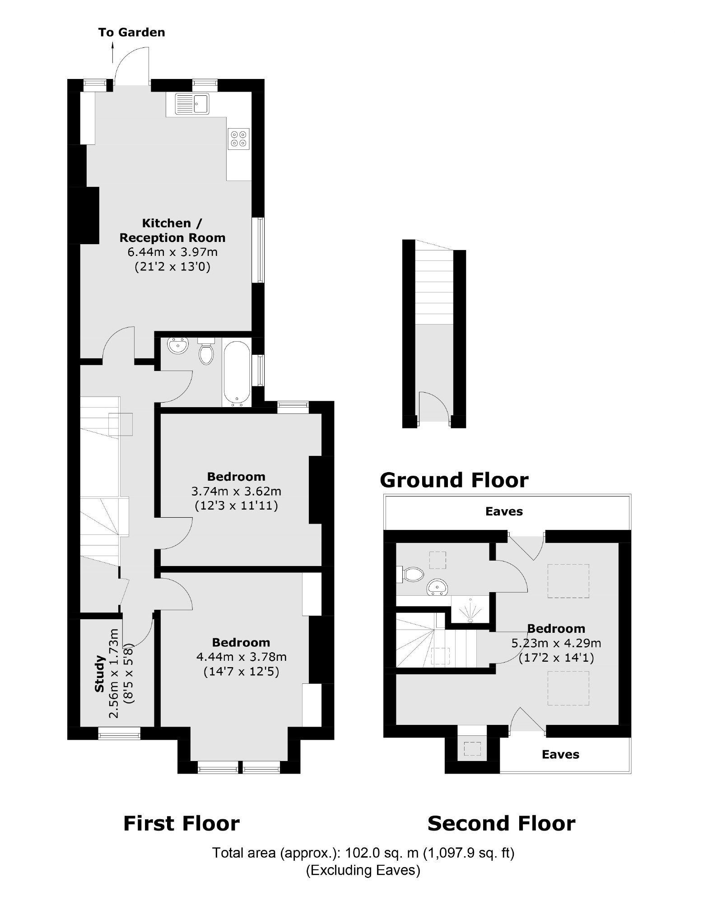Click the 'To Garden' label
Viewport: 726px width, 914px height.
pos(131,32)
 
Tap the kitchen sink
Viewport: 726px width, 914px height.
pos(192,104)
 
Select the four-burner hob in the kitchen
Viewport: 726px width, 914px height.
pos(239,139)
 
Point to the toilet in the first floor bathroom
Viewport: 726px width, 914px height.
pos(206,353)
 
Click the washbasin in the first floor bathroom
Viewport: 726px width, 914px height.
pos(177,347)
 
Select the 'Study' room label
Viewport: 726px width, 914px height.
pos(99,674)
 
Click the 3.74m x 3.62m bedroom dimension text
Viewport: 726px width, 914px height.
pos(236,491)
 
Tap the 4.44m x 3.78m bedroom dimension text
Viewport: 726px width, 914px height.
pos(241,657)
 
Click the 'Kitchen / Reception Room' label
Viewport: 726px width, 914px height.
pos(172,230)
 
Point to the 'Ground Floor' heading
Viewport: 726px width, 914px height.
pos(454,480)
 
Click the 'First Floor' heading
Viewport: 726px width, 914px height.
pos(181,823)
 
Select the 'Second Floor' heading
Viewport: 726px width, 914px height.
pos(501,823)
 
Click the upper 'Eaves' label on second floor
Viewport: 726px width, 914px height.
pos(504,511)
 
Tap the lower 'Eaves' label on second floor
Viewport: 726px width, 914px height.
pos(560,754)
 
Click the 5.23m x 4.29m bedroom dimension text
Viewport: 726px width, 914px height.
pos(556,643)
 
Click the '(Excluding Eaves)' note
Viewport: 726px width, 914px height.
pos(363,870)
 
